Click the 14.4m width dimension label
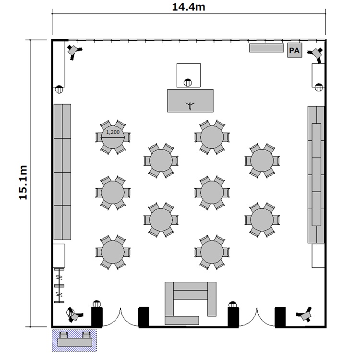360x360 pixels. [189, 7]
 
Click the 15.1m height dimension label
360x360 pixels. [23, 182]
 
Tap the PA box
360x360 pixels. [295, 50]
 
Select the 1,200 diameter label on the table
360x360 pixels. [113, 132]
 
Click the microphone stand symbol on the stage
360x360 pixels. [190, 106]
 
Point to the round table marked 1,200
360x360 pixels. [113, 137]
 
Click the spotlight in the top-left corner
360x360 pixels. [74, 51]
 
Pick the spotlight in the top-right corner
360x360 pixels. [316, 54]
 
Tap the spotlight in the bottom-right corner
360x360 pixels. [305, 314]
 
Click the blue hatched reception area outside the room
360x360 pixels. [74, 340]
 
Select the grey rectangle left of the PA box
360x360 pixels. [266, 48]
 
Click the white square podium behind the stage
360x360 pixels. [189, 75]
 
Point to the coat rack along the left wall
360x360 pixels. [59, 286]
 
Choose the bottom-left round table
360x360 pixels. [113, 252]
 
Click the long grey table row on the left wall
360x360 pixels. [62, 172]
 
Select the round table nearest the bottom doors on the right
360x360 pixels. [212, 252]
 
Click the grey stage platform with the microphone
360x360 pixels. [191, 101]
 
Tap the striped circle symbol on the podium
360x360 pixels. [188, 83]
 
